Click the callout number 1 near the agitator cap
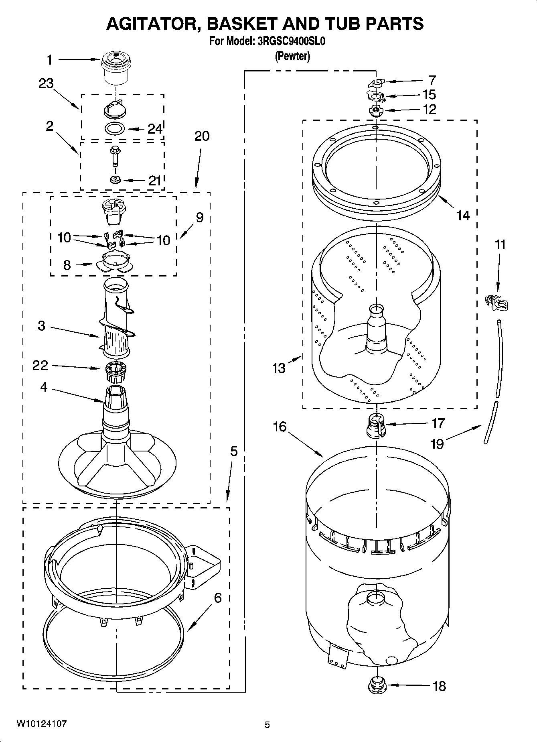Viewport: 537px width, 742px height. coord(49,60)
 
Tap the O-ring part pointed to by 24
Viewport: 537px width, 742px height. coord(115,129)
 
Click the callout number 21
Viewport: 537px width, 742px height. coord(154,181)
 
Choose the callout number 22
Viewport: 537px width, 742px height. coord(41,365)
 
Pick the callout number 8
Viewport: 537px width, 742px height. coord(67,265)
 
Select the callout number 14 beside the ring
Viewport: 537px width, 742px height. coord(463,216)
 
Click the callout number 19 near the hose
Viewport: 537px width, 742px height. coord(438,444)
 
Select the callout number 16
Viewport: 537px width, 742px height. coord(280,427)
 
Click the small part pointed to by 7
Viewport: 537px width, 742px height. coord(376,83)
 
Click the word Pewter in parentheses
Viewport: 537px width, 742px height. coord(292,57)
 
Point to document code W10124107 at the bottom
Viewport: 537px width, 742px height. coord(41,724)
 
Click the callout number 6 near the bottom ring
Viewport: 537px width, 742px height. coord(217,598)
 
